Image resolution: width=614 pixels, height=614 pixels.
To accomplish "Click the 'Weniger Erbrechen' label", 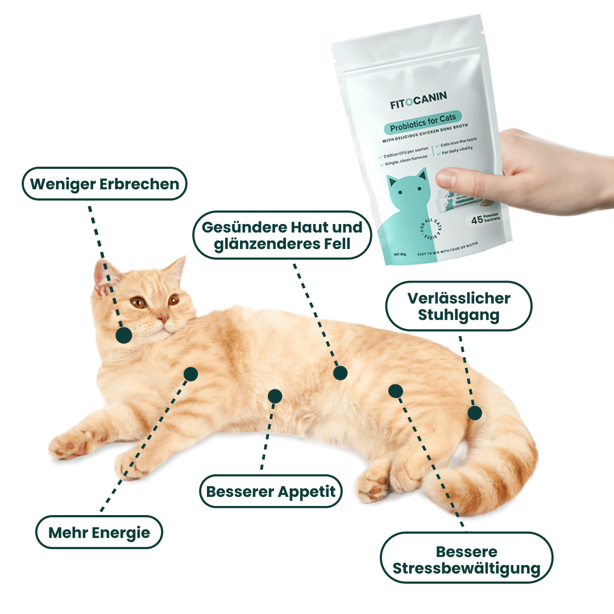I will [105, 184].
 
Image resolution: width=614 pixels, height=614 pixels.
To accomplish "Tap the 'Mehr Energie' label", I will [99, 532].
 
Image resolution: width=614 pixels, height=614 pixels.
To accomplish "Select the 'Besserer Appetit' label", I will [271, 491].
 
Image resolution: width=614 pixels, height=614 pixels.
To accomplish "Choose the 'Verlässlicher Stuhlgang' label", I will [459, 306].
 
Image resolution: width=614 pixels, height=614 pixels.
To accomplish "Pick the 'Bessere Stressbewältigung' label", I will [466, 559].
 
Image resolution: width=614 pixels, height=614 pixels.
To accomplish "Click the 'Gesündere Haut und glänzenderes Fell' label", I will [283, 235].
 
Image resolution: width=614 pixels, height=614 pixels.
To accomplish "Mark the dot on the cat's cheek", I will [123, 335].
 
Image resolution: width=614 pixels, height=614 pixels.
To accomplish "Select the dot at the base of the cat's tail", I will [474, 413].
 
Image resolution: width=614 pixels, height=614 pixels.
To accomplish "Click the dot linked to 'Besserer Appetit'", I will [275, 396].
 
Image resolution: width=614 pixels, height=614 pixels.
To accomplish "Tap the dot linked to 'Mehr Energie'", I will [190, 374].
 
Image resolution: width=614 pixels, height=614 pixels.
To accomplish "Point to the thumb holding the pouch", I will [455, 179].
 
